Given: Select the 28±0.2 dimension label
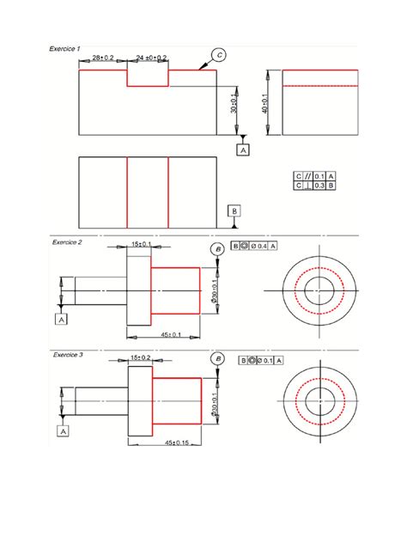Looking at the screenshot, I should pos(104,58).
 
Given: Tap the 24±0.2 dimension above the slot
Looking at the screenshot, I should pos(152,58).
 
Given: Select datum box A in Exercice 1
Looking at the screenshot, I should pos(244,149).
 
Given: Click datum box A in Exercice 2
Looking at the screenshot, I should pos(62,319).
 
